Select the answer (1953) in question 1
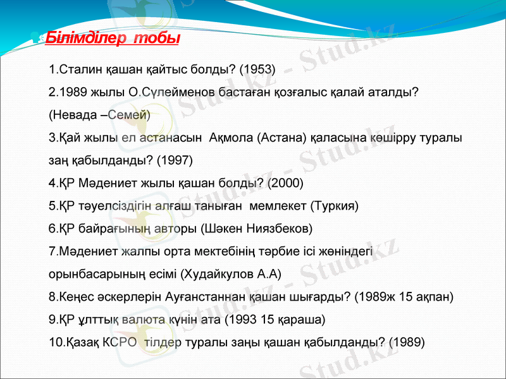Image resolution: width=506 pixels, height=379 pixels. (x=259, y=69)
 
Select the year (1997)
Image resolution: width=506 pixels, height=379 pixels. (x=175, y=160)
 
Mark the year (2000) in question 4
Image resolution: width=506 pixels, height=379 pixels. (x=286, y=183)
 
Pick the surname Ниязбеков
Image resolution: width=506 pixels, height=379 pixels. (x=278, y=229)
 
